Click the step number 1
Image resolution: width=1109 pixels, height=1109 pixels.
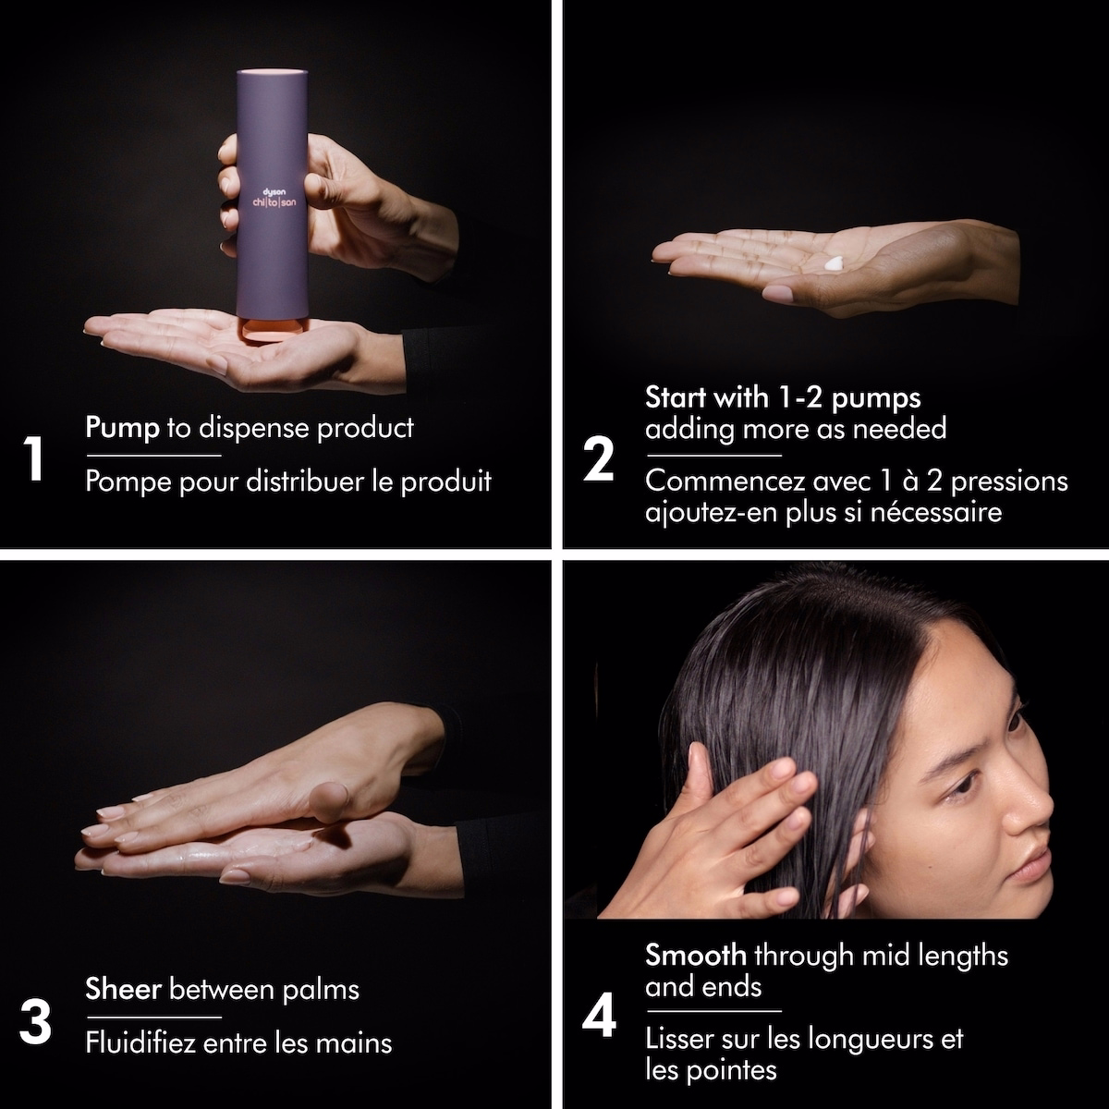tap(34, 458)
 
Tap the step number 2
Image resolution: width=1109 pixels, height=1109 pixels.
tap(599, 458)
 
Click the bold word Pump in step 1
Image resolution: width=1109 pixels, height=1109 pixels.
tap(123, 428)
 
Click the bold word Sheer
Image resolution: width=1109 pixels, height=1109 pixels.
tap(123, 989)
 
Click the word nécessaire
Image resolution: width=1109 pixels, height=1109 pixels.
tap(936, 512)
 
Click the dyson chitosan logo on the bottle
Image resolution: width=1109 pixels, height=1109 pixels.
tap(274, 198)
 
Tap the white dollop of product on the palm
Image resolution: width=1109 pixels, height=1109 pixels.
tap(834, 263)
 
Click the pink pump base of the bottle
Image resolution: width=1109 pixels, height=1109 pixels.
tap(271, 330)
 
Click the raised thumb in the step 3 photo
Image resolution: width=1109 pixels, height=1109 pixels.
tap(329, 801)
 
